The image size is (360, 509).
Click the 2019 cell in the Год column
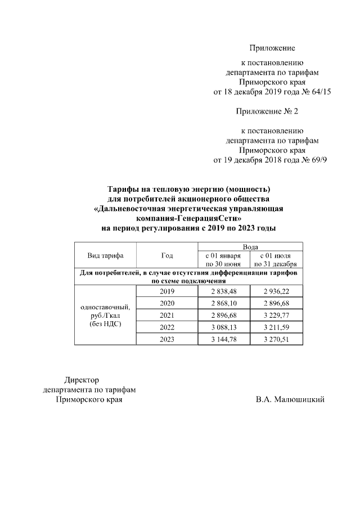pos(167,291)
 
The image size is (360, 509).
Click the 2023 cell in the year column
pos(167,339)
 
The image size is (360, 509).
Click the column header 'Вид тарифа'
pos(105,255)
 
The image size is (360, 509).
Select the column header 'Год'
pos(167,255)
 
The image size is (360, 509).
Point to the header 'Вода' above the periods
pos(250,246)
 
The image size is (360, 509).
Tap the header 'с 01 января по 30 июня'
pos(223,259)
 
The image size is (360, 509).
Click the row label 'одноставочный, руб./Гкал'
pos(105,316)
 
